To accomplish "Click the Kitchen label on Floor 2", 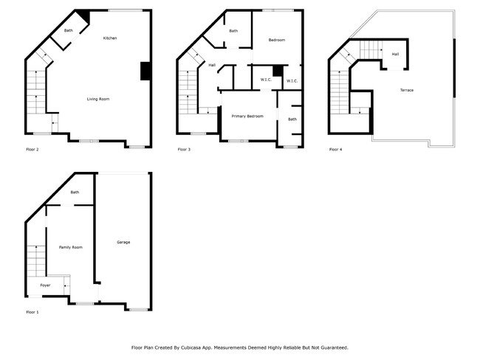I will click(x=110, y=38).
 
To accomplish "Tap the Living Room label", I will click(x=98, y=99).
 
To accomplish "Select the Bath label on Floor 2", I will click(x=69, y=30).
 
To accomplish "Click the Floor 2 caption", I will click(x=32, y=150).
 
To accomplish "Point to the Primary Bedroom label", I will click(x=247, y=116).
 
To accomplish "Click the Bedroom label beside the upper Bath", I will click(x=276, y=40).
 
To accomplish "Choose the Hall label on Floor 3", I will click(x=212, y=65).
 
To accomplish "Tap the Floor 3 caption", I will click(x=184, y=150).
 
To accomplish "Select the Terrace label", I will click(x=407, y=90).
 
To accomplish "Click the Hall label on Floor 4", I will click(x=395, y=54).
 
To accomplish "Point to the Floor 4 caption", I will click(x=335, y=150).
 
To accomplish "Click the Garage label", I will click(x=123, y=242).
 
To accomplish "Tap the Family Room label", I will click(x=71, y=247).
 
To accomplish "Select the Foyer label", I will click(x=45, y=285).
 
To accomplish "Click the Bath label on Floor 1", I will click(x=75, y=193).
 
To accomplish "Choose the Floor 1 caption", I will click(x=32, y=312).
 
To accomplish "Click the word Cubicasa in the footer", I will click(x=199, y=347).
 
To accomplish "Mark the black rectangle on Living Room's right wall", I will click(x=146, y=71).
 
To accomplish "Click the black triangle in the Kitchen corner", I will click(x=83, y=16).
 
